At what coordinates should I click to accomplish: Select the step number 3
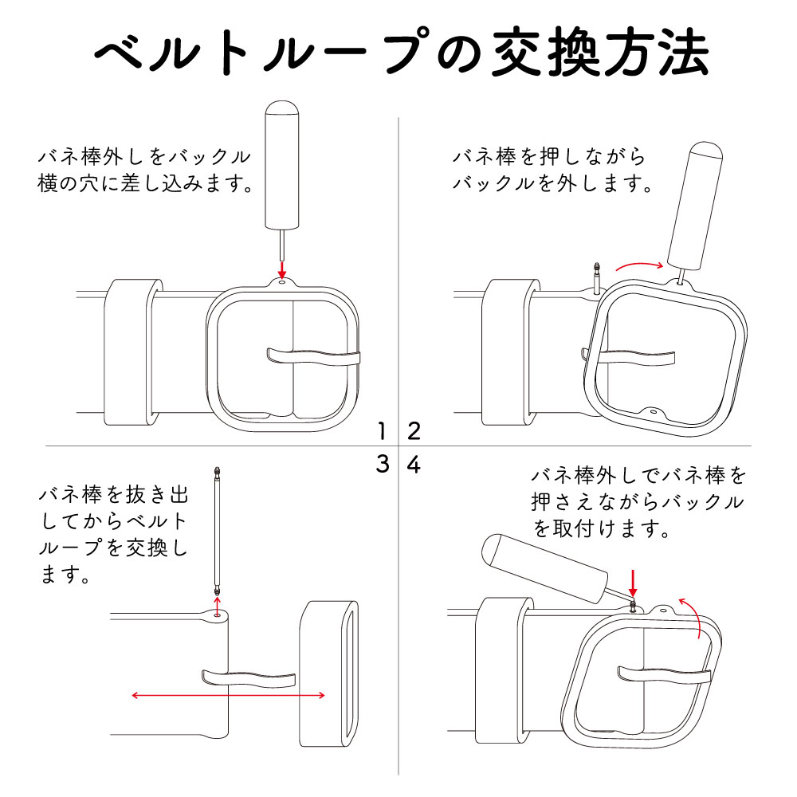tap(383, 464)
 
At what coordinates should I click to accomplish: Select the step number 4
tap(414, 464)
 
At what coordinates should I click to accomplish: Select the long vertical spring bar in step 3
tap(217, 530)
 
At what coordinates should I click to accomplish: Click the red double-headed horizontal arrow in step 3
tap(228, 696)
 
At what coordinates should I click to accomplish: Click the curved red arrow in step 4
tap(693, 617)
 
